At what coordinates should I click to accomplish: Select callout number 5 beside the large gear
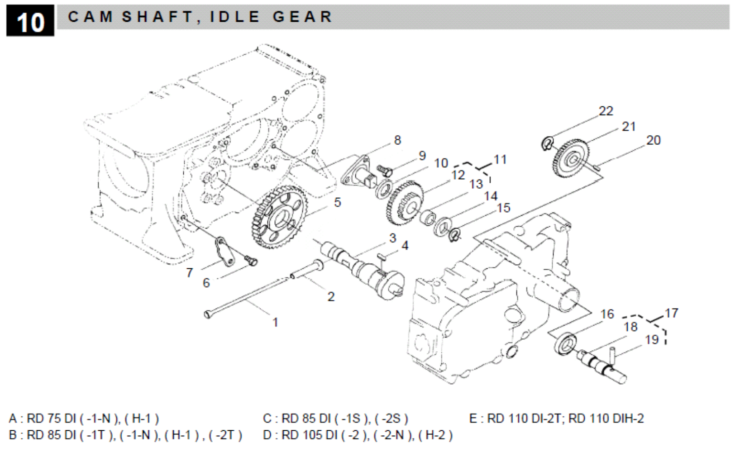click(338, 202)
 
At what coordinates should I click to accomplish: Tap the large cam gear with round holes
click(279, 217)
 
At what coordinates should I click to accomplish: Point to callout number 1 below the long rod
click(275, 322)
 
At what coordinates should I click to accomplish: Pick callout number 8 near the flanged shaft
click(397, 140)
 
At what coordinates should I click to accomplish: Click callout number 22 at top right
click(606, 111)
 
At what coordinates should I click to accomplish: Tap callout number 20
click(653, 141)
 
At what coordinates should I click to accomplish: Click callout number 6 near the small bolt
click(206, 283)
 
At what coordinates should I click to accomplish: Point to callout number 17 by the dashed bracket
click(672, 313)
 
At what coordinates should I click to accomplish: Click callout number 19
click(652, 339)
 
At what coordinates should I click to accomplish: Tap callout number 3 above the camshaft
click(393, 238)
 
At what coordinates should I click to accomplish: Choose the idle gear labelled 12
click(405, 204)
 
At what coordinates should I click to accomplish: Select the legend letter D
click(267, 435)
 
